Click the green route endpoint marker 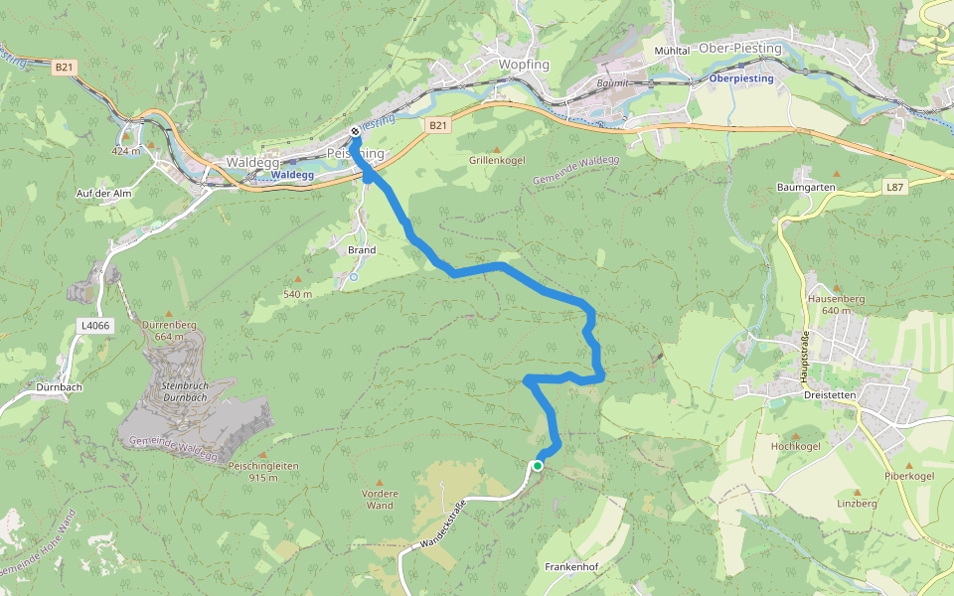click(538, 465)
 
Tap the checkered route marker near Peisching click(355, 132)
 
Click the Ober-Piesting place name click(740, 48)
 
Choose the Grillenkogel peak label click(497, 160)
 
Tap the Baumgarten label click(804, 187)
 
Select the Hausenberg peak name click(837, 298)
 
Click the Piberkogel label click(909, 476)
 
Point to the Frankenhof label click(569, 566)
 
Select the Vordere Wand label click(380, 499)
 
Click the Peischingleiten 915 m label click(263, 471)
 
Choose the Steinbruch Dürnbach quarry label click(182, 390)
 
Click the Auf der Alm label click(104, 193)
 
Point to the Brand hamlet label click(362, 250)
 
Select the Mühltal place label click(672, 50)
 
